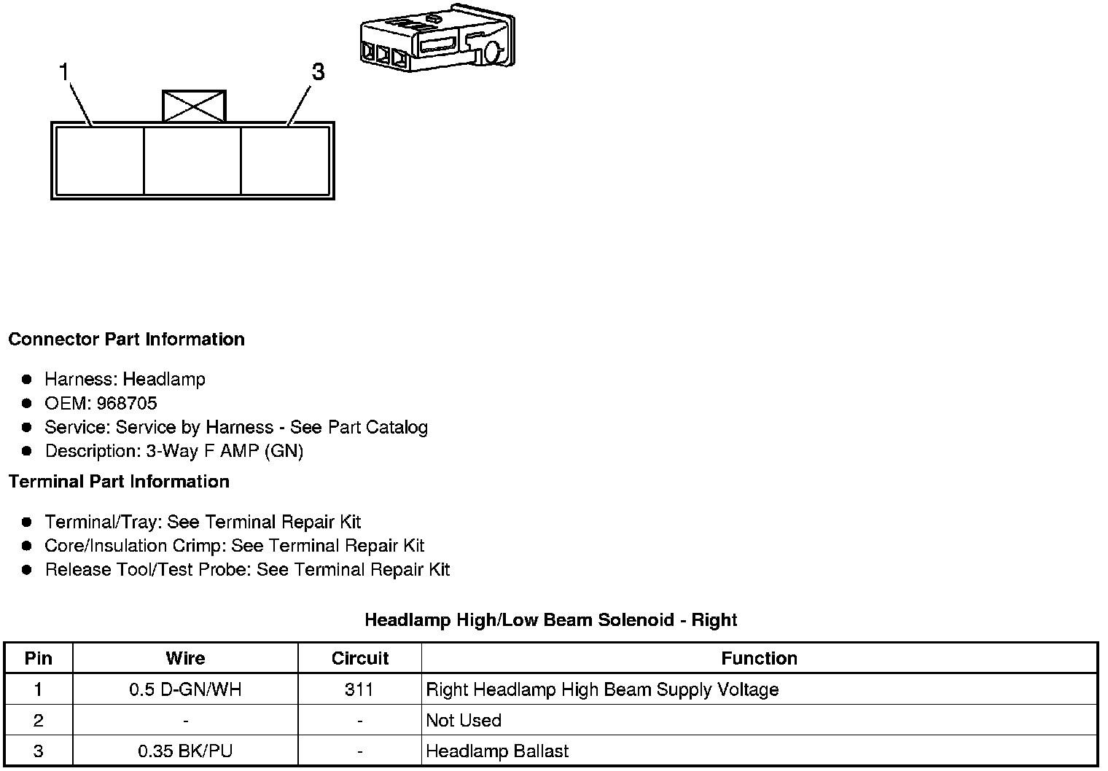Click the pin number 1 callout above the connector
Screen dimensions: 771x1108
point(64,73)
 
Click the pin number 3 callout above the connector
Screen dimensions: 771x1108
point(318,72)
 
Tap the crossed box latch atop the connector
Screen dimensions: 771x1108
point(194,106)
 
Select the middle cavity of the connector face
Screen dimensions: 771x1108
point(192,160)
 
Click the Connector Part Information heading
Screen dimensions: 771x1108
point(126,340)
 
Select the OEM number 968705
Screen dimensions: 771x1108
point(127,404)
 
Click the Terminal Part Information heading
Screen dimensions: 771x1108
point(119,482)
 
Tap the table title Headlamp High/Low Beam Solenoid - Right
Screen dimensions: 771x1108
point(550,620)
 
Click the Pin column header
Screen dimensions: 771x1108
point(39,659)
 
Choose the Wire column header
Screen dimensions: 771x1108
point(185,659)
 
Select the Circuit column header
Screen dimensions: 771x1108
point(360,659)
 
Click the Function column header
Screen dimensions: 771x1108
point(759,659)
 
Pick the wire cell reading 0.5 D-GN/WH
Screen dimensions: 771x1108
point(185,690)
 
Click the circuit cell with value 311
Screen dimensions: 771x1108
point(359,690)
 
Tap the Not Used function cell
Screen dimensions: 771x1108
point(464,721)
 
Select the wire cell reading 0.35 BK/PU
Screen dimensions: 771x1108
point(185,751)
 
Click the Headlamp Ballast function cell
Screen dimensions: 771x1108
point(497,751)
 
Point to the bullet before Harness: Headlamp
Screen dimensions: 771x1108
point(27,380)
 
